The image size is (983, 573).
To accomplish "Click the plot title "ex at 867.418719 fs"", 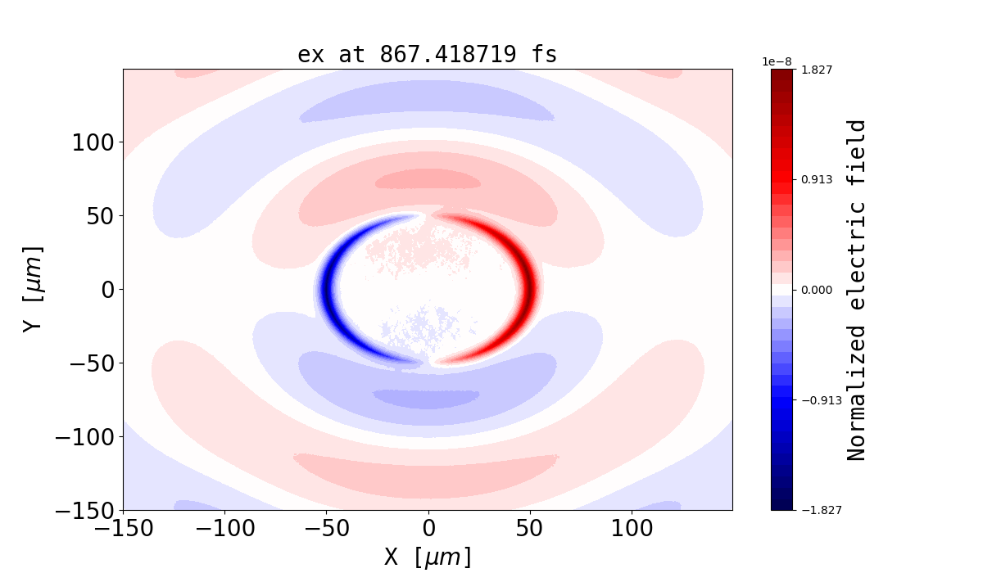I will [x=427, y=55].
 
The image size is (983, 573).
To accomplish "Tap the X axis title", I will [x=428, y=557].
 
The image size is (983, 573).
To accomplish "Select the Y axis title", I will [x=32, y=289].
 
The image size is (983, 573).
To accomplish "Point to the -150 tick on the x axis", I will [x=124, y=528].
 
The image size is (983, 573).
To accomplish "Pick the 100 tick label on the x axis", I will [x=632, y=528].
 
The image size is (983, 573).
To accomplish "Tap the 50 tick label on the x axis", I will [x=530, y=528].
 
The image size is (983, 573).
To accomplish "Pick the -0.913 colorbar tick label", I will [x=818, y=400].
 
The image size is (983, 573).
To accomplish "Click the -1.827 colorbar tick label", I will [x=818, y=510].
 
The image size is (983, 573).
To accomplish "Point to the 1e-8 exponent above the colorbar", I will [x=776, y=61].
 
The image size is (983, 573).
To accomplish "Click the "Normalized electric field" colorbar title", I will [x=856, y=290].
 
